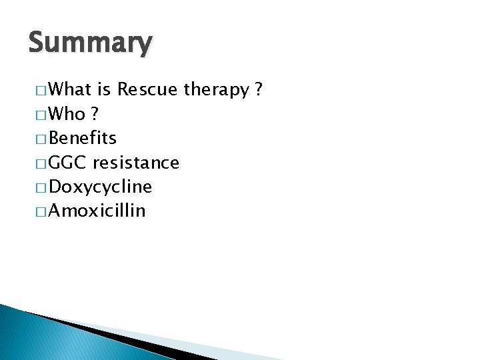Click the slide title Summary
click(91, 43)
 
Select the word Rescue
click(149, 89)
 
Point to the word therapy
click(215, 91)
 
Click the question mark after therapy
click(258, 89)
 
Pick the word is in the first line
click(105, 89)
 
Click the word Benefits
click(83, 138)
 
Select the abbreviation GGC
click(69, 163)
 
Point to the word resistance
click(136, 163)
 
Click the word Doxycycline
click(101, 187)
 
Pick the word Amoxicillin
click(97, 211)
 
